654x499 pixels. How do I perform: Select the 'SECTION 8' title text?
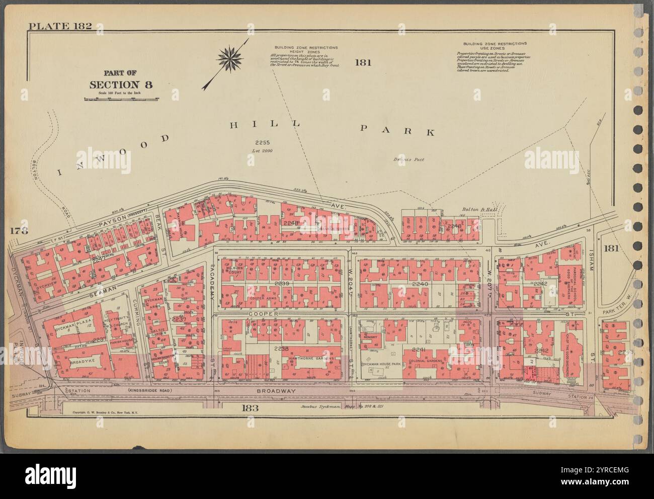(120, 85)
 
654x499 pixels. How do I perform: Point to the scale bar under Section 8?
(121, 99)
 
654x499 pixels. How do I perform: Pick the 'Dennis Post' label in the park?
(410, 159)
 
